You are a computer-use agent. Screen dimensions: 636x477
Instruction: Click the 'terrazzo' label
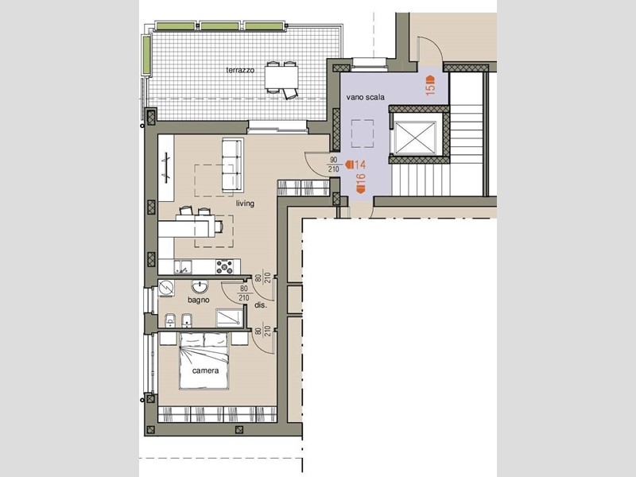240,70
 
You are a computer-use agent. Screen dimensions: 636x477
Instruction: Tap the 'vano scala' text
365,97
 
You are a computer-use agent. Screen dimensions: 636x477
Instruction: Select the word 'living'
245,204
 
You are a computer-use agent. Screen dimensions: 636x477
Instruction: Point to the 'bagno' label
198,301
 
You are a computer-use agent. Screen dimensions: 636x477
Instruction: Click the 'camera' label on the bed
205,370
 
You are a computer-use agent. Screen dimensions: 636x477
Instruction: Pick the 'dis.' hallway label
261,305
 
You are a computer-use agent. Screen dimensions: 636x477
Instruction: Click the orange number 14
355,165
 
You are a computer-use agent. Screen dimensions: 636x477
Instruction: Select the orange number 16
361,183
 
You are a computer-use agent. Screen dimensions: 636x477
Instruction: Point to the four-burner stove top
224,267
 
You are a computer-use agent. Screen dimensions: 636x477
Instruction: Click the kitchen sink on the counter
183,267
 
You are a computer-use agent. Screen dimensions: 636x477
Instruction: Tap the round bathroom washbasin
200,287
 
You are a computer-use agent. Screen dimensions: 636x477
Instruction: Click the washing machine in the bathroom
166,288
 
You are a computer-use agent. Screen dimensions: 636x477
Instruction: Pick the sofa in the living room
233,165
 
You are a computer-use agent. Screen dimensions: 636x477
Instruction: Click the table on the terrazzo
281,77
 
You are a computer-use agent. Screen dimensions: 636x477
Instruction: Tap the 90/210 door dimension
334,165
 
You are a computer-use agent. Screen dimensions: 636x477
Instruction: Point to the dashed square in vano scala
363,134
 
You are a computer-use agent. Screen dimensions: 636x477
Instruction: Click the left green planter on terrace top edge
176,26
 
